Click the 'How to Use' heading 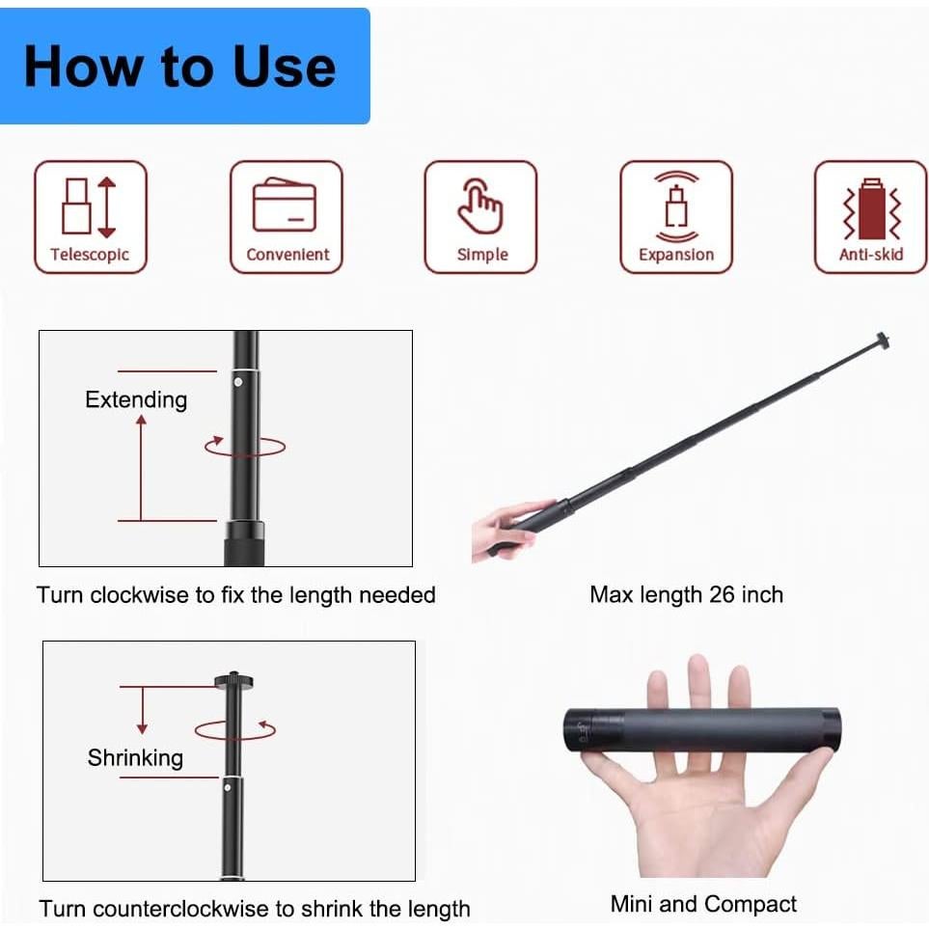180,66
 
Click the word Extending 136,399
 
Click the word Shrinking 135,757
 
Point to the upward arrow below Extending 141,463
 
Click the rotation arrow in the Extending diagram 245,446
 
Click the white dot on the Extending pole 237,382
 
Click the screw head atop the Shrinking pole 233,681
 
